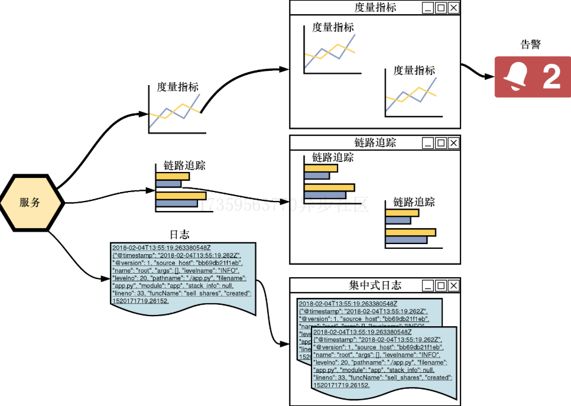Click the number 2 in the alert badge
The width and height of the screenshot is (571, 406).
coord(551,77)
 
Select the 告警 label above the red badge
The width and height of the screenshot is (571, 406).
coord(530,44)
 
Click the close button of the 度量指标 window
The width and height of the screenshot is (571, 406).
coord(453,8)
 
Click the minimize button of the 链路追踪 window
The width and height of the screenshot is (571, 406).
coord(427,142)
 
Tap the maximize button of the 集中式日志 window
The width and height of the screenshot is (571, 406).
coord(440,285)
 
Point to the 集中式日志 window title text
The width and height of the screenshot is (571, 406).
coord(375,285)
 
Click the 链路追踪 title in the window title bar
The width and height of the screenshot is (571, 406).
coord(375,142)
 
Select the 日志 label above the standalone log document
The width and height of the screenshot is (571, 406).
coord(180,235)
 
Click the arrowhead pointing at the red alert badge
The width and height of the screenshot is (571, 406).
coord(489,77)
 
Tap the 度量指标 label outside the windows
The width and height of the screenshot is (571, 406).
coord(177,87)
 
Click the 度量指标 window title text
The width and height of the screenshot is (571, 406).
coord(375,8)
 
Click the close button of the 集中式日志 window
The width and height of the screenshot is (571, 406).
coord(453,285)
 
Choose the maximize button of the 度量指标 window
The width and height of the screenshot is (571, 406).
coord(440,8)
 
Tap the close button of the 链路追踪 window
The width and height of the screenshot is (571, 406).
coord(453,142)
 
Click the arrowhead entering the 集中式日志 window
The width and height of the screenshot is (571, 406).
coord(285,343)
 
